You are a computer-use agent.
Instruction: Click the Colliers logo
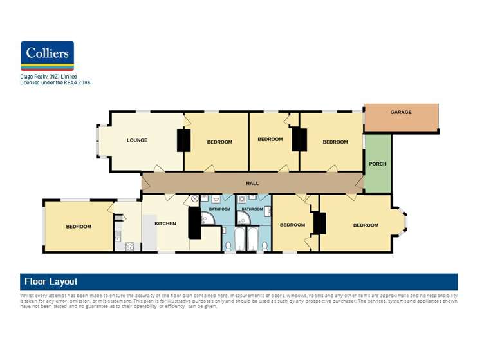point(48,56)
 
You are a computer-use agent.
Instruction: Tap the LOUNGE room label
point(137,140)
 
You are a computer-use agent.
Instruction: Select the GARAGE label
point(401,112)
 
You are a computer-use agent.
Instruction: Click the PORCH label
point(378,164)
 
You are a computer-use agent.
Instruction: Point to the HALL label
point(252,183)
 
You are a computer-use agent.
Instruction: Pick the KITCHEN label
point(165,224)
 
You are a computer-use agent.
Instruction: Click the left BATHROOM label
point(219,209)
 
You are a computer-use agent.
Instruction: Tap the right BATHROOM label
point(252,209)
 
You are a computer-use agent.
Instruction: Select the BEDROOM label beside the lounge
point(219,142)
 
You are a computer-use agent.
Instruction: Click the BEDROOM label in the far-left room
point(79,226)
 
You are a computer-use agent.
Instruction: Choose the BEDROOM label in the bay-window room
point(366,225)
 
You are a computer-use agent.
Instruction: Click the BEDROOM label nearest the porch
point(335,142)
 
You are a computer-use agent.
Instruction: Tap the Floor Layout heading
point(51,281)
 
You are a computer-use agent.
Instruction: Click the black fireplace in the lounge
point(184,140)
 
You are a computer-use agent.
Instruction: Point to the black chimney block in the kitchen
point(194,223)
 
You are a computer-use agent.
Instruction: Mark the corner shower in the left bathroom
point(207,222)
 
